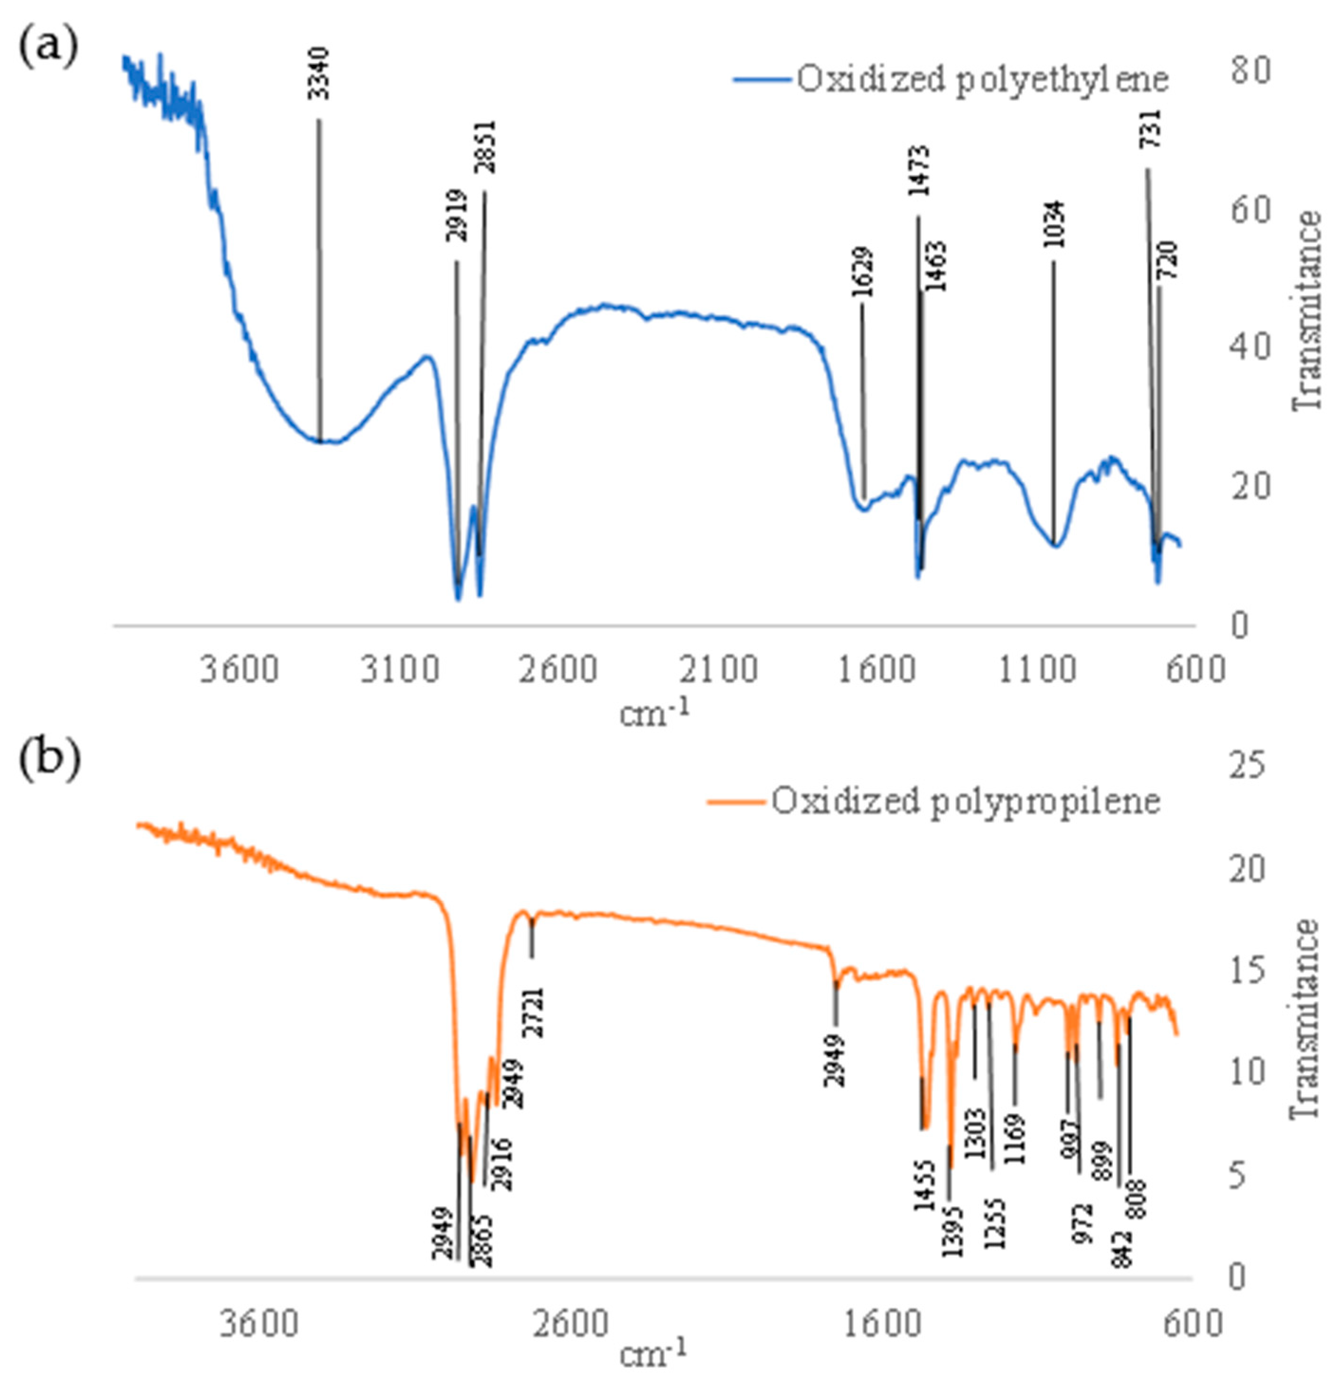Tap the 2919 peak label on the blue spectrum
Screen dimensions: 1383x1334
(457, 215)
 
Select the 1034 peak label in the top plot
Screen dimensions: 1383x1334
(1054, 224)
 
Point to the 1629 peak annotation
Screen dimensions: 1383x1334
(862, 272)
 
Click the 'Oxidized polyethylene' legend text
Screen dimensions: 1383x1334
(982, 79)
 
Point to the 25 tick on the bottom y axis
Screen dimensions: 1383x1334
(1248, 767)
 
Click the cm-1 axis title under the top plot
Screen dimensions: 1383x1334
(653, 714)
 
